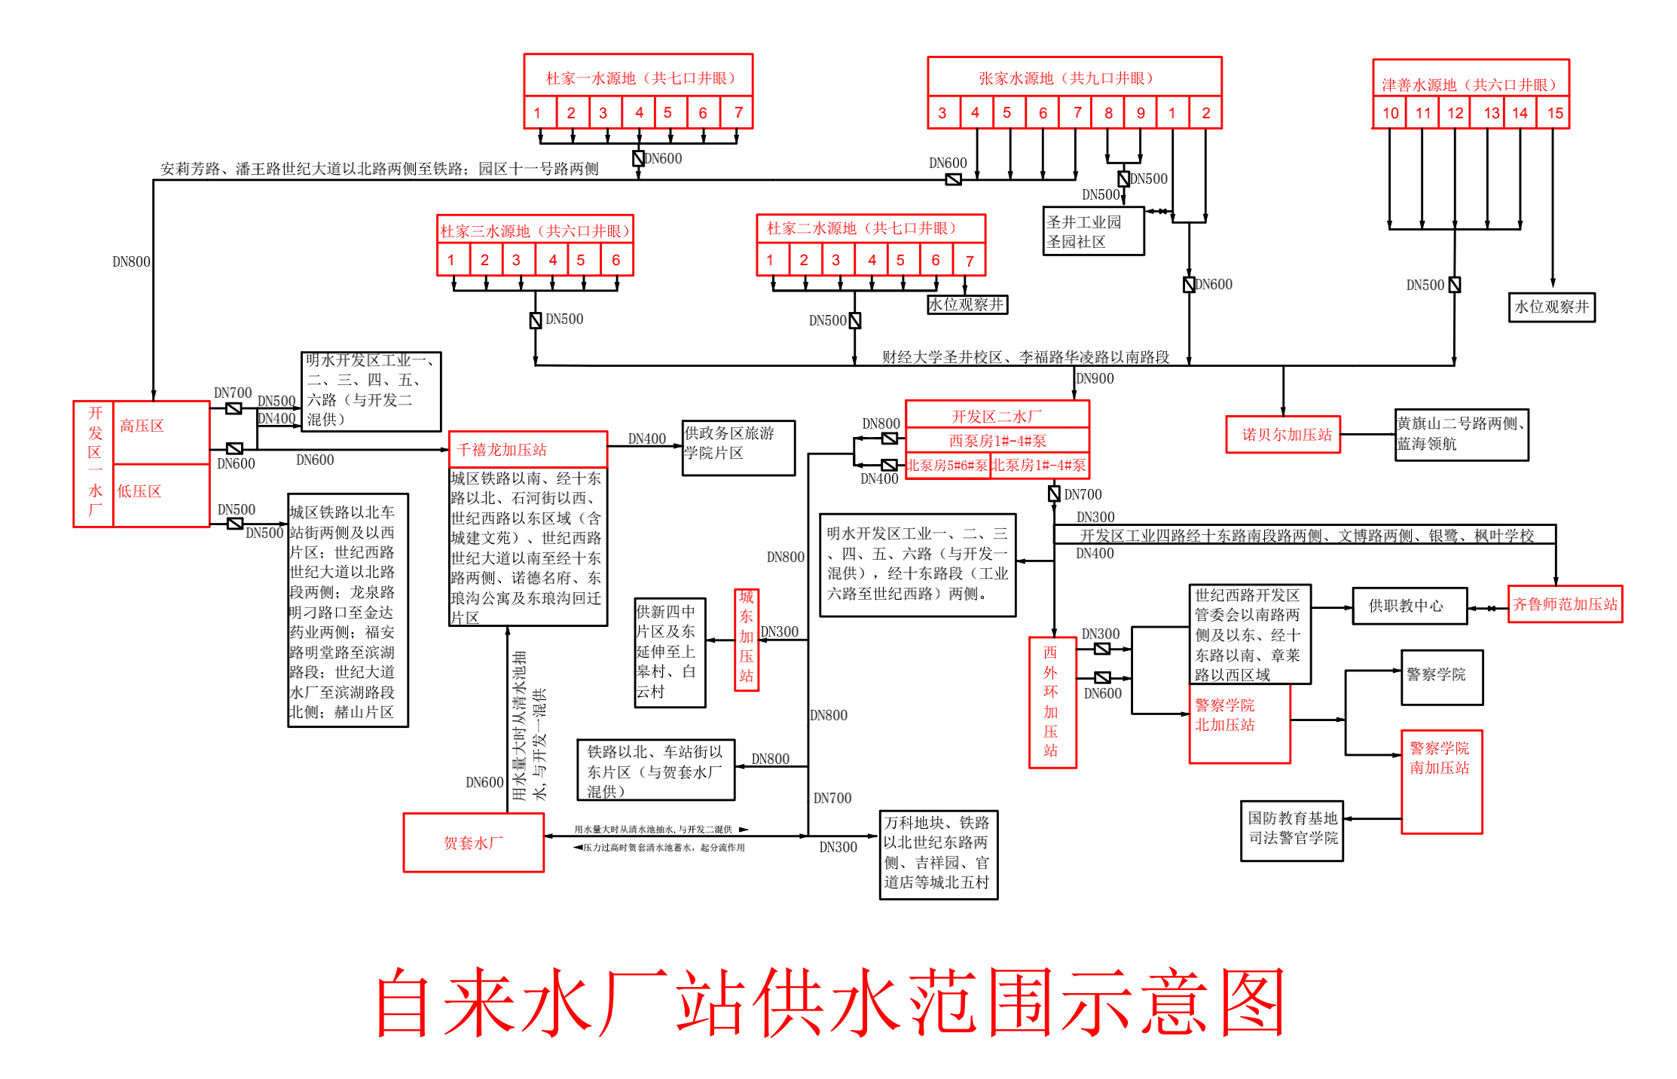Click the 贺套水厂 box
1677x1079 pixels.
click(x=473, y=842)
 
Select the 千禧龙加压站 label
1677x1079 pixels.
click(x=502, y=450)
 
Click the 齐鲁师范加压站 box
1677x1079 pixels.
click(x=1565, y=604)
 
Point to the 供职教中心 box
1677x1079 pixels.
click(x=1409, y=606)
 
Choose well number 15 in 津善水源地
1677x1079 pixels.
click(x=1555, y=113)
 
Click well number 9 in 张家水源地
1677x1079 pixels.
click(x=1141, y=113)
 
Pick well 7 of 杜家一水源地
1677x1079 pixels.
click(x=738, y=113)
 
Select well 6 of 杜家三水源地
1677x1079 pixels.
click(x=616, y=260)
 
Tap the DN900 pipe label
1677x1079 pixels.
click(x=1095, y=378)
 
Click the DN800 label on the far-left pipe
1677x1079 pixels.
click(x=131, y=261)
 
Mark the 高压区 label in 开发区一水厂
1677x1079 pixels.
click(x=142, y=426)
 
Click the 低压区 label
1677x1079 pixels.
click(x=139, y=491)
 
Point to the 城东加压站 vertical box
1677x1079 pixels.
click(x=746, y=640)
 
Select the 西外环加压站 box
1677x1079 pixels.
click(x=1052, y=702)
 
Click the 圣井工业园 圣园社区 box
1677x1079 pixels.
click(x=1092, y=232)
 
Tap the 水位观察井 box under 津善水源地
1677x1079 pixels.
click(x=1551, y=307)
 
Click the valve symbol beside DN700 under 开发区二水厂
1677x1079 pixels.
click(x=1054, y=494)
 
